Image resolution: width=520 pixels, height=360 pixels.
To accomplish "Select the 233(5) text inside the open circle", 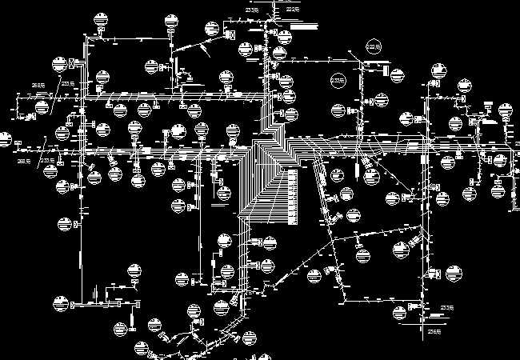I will tap(338, 81).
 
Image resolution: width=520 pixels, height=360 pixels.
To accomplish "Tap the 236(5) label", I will tap(435, 330).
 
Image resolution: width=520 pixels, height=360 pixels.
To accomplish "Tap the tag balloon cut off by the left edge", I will tap(4, 141).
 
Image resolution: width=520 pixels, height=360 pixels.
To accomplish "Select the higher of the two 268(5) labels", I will tap(37, 85).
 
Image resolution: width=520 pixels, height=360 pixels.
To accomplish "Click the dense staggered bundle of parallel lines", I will tap(268, 168).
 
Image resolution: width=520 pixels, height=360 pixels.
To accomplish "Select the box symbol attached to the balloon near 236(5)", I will tap(415, 304).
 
